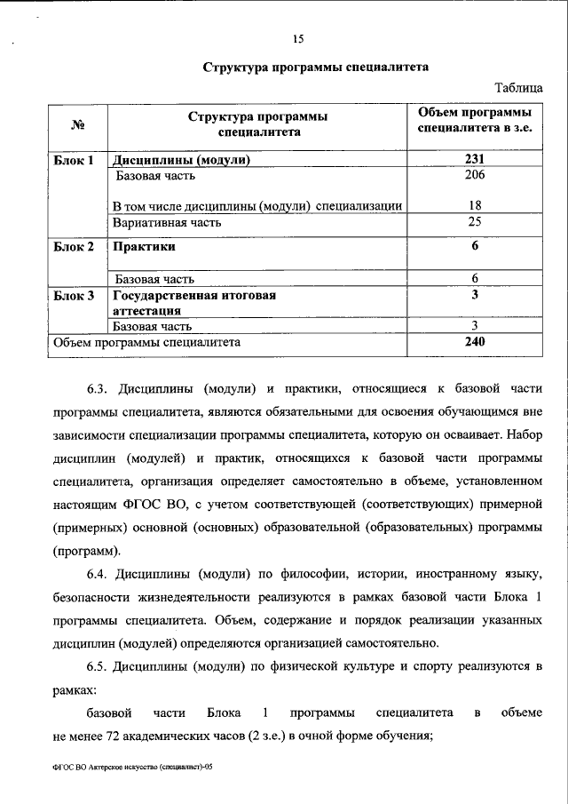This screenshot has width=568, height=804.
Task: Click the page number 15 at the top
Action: coord(297,36)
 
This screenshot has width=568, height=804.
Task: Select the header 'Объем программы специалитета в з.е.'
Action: coord(475,123)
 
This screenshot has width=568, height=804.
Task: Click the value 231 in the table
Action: coord(475,161)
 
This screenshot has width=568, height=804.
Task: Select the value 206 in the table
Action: coord(475,176)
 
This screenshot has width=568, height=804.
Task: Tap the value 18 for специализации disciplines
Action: coord(475,206)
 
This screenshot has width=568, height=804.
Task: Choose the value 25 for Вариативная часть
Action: coord(475,222)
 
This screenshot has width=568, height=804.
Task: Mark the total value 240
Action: coord(475,341)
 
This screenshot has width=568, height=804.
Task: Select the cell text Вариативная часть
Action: coord(168,222)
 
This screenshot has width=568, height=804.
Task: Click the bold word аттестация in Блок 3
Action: coord(146,310)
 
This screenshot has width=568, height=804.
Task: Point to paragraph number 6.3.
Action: coord(97,388)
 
